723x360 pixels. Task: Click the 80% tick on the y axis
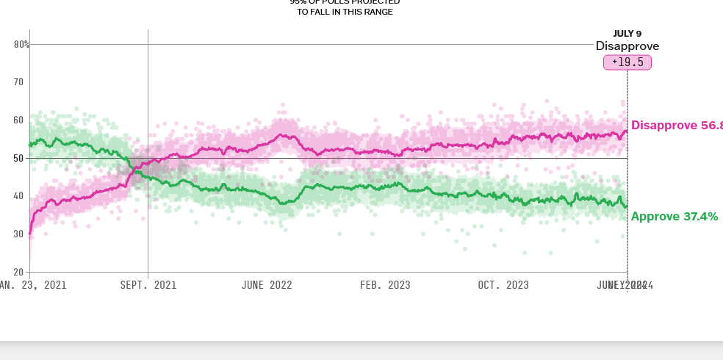coord(21,44)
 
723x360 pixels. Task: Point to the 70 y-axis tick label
coord(19,82)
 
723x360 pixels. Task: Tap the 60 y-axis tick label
coord(19,120)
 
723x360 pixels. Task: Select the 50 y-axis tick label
coord(19,158)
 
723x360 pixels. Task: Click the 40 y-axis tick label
coord(19,196)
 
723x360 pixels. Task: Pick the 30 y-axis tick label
coord(19,234)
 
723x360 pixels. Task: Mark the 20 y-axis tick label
coord(19,272)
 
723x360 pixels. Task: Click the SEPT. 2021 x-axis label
coord(148,285)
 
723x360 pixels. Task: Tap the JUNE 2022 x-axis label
coord(267,285)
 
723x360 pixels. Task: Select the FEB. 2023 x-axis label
coord(385,285)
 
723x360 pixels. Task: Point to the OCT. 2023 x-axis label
coord(503,285)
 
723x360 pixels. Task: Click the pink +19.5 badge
coord(627,62)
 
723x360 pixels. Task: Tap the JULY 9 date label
coord(627,33)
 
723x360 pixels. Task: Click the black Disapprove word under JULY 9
coord(627,46)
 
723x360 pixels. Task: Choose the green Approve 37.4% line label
coord(675,216)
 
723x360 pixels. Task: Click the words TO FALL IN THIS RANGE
coord(345,12)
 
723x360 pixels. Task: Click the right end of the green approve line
coord(627,206)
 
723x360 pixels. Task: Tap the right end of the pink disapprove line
coord(627,132)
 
